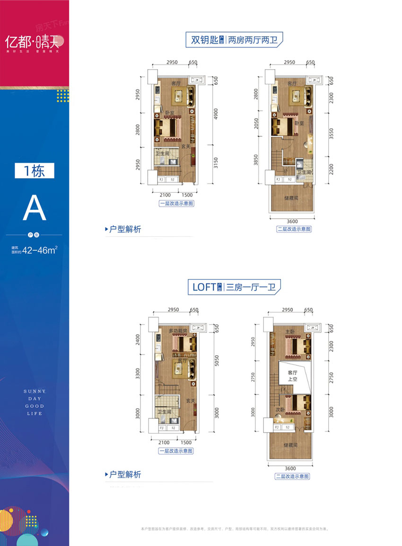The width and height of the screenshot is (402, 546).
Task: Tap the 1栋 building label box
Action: click(x=35, y=170)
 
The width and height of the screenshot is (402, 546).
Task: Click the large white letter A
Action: click(x=35, y=209)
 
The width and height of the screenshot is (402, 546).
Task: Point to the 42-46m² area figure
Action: click(x=43, y=250)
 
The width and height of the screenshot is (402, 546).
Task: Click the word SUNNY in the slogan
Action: click(x=35, y=391)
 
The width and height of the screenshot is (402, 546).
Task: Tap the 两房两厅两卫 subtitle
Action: click(x=255, y=40)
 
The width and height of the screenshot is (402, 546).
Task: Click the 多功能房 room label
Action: click(x=178, y=330)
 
